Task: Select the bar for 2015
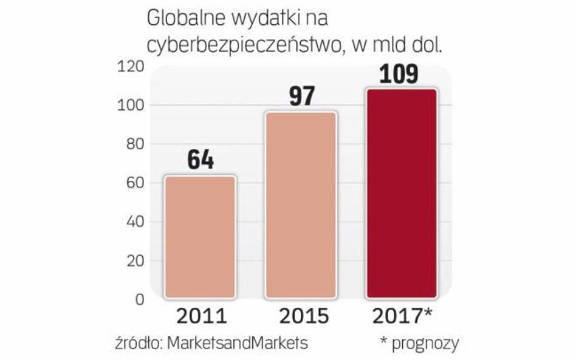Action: (x=301, y=205)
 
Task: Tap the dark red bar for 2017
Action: (x=402, y=194)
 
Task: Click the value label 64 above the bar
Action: (x=201, y=160)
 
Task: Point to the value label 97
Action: (x=302, y=97)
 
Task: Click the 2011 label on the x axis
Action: (x=201, y=316)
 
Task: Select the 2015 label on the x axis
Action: (x=302, y=316)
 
